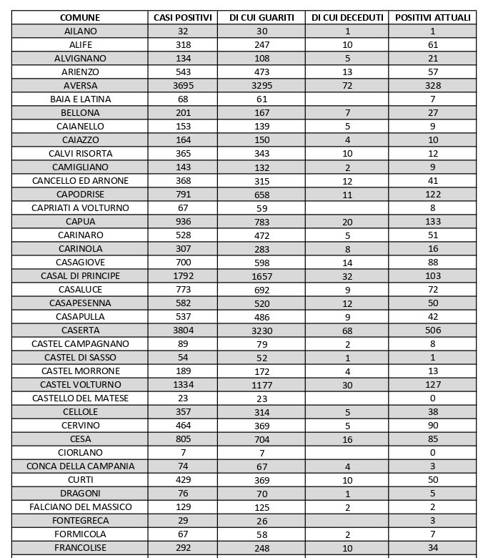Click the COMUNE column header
[x=80, y=17]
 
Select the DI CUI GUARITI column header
[x=262, y=17]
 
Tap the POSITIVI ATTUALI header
[x=432, y=17]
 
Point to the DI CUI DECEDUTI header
[x=347, y=17]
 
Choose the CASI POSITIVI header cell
[x=183, y=17]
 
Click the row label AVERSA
[x=80, y=85]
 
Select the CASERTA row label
[x=80, y=331]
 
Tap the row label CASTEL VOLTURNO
[x=80, y=384]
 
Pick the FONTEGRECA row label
[x=80, y=520]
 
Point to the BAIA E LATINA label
[x=80, y=99]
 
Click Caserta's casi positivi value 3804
[x=183, y=331]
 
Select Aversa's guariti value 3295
[x=262, y=86]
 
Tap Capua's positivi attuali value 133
[x=432, y=221]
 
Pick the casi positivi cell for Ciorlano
[x=183, y=452]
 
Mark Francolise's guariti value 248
[x=262, y=549]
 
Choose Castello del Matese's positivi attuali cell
[x=432, y=398]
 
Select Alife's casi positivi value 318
[x=183, y=44]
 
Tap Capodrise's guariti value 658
[x=262, y=195]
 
